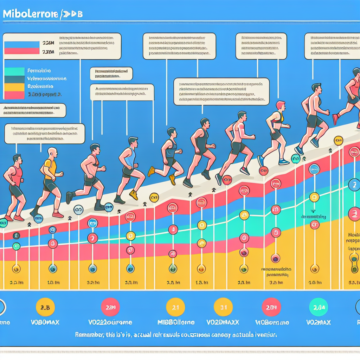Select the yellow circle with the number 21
point(175,307)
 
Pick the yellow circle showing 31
point(223,307)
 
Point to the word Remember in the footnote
point(90,335)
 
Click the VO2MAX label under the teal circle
point(318,322)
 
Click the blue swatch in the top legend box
point(21,45)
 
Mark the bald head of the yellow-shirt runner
point(52,153)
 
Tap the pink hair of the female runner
point(281,105)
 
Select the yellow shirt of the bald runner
point(51,168)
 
